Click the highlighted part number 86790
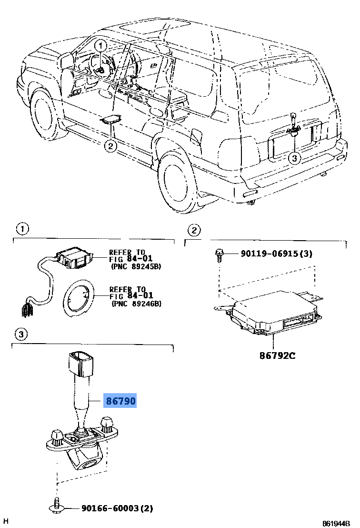(120, 401)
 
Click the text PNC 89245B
(136, 266)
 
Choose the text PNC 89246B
(136, 304)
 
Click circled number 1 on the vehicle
(100, 46)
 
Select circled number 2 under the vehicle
(110, 146)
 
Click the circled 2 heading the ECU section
(194, 231)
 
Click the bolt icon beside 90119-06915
(220, 254)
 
